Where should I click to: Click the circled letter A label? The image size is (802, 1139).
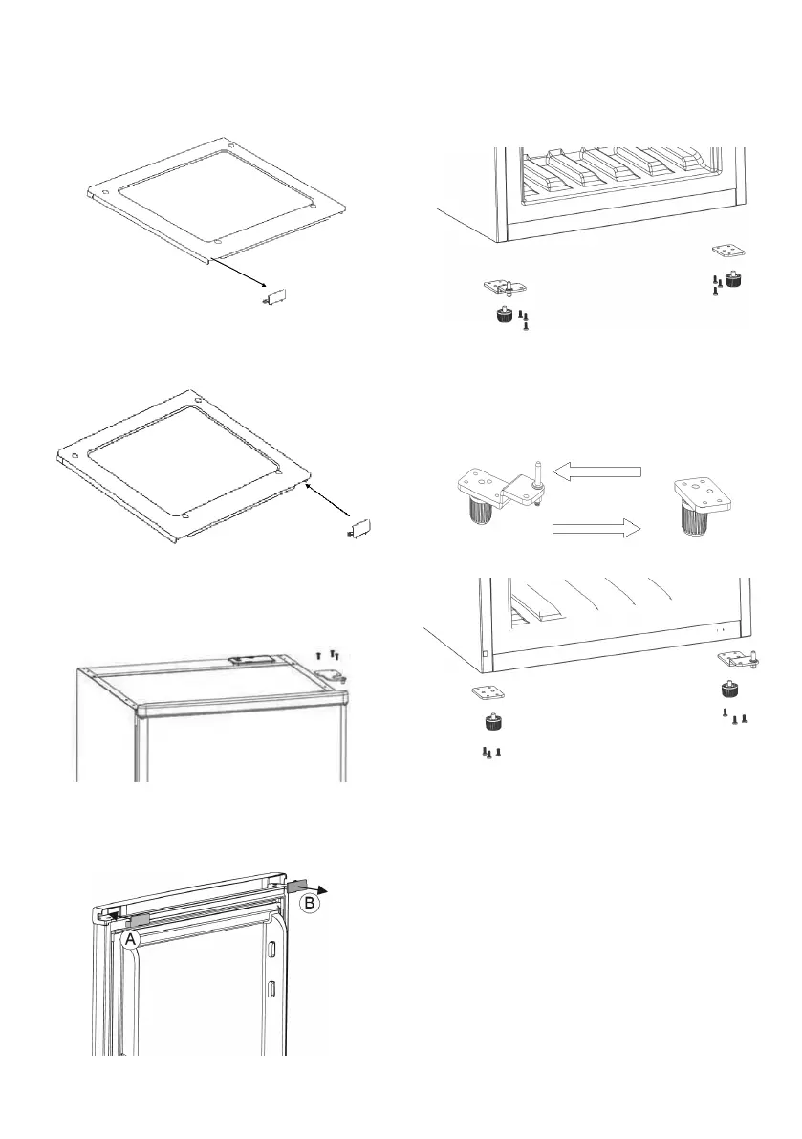(132, 940)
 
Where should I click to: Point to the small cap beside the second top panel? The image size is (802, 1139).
(358, 528)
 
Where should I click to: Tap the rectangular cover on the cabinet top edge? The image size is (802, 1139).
(250, 662)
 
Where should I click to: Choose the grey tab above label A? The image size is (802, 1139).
(139, 919)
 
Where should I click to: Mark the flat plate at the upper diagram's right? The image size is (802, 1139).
(729, 252)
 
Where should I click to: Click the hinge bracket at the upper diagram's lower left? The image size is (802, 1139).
(505, 287)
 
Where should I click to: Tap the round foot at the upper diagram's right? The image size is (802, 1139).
(734, 280)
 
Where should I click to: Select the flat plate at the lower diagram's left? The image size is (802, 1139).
(488, 692)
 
